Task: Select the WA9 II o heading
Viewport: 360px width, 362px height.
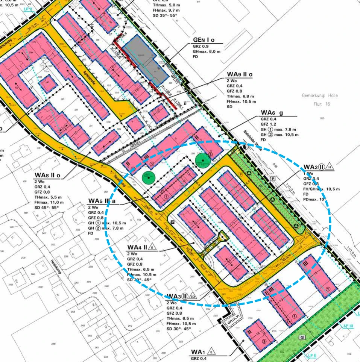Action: pos(239,75)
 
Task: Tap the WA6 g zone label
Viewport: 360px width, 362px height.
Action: pos(270,113)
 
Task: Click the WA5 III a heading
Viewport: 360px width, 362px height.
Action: pos(101,201)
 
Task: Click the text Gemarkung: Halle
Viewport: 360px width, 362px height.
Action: pos(320,95)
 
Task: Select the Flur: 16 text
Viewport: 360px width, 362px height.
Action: pos(321,104)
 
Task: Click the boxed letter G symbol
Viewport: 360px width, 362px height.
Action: pos(302,338)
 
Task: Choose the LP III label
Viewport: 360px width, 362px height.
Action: pos(348,326)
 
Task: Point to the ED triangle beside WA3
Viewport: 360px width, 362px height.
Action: pos(193,296)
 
